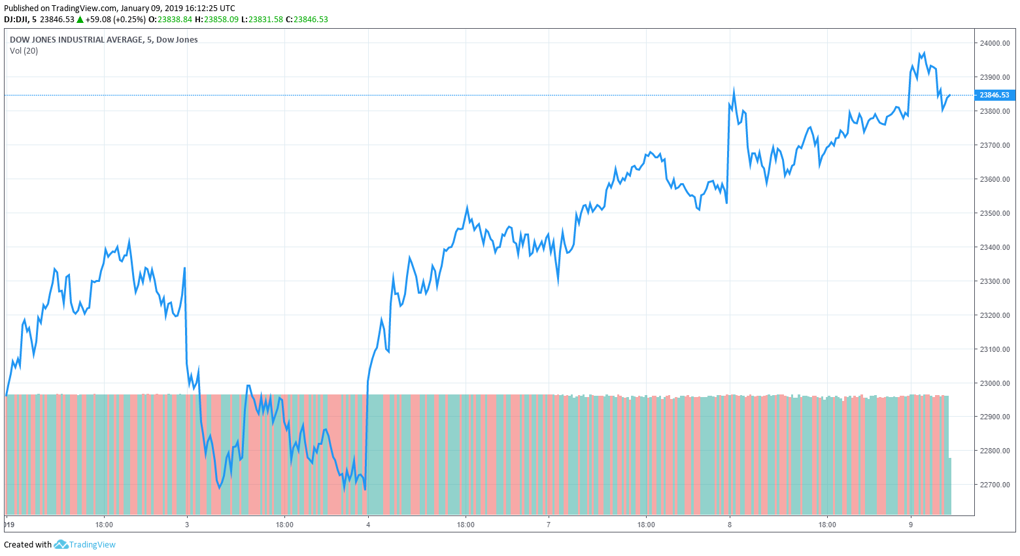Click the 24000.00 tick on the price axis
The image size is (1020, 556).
pyautogui.click(x=994, y=43)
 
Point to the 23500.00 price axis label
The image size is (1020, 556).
pyautogui.click(x=994, y=213)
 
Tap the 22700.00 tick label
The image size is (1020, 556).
pyautogui.click(x=994, y=485)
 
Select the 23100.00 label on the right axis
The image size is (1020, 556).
pyautogui.click(x=994, y=349)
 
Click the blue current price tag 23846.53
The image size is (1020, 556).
pyautogui.click(x=994, y=95)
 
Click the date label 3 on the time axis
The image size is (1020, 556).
pyautogui.click(x=187, y=525)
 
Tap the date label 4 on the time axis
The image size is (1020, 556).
pyautogui.click(x=368, y=525)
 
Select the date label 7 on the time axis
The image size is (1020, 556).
pyautogui.click(x=549, y=525)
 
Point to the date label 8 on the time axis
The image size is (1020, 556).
pyautogui.click(x=730, y=525)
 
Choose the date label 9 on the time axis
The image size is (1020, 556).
pyautogui.click(x=911, y=525)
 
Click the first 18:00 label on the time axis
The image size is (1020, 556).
pyautogui.click(x=104, y=525)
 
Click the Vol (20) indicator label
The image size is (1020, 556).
pyautogui.click(x=24, y=51)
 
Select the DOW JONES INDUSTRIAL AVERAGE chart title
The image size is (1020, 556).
pyautogui.click(x=76, y=40)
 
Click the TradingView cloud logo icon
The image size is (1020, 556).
pyautogui.click(x=61, y=544)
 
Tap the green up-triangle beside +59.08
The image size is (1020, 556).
pyautogui.click(x=80, y=20)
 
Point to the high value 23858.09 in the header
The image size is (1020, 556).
pyautogui.click(x=221, y=20)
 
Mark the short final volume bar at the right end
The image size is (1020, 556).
pyautogui.click(x=949, y=486)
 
